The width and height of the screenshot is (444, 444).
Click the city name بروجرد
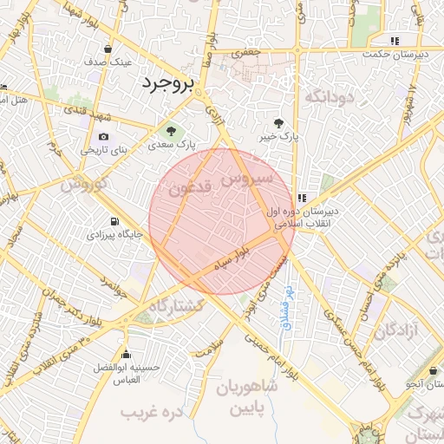(169, 83)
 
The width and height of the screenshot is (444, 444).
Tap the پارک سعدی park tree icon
(171, 132)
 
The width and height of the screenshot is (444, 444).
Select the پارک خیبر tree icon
(278, 122)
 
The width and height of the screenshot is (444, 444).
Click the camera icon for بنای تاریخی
(104, 136)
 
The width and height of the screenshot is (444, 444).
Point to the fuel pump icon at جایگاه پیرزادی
(114, 220)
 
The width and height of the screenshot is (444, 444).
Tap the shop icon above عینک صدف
(108, 49)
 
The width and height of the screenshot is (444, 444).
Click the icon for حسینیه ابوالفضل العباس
(127, 354)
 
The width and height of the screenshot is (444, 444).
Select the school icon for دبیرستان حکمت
(395, 41)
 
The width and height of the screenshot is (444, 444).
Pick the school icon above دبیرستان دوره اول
(301, 197)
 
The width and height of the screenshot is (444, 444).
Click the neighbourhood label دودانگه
(330, 96)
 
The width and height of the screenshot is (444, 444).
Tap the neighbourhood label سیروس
(246, 180)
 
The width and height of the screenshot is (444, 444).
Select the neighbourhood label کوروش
(84, 184)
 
